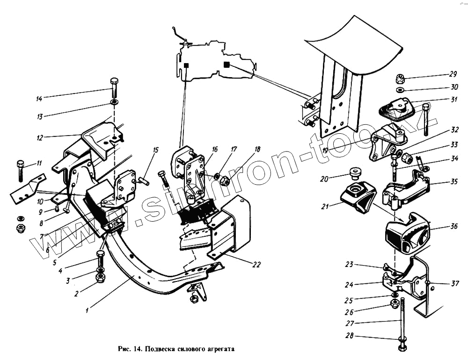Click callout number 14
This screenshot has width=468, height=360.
click(x=39, y=99)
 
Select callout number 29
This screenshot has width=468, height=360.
click(x=453, y=74)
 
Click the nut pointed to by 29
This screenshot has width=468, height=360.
click(x=400, y=79)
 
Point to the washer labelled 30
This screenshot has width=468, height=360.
click(x=401, y=89)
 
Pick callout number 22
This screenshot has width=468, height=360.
click(x=256, y=264)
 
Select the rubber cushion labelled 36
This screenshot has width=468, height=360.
click(x=405, y=232)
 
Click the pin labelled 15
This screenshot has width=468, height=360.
click(x=144, y=180)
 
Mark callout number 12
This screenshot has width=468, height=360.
click(x=40, y=138)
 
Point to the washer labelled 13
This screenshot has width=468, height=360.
click(x=114, y=101)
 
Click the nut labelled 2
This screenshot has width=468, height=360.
click(x=100, y=277)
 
